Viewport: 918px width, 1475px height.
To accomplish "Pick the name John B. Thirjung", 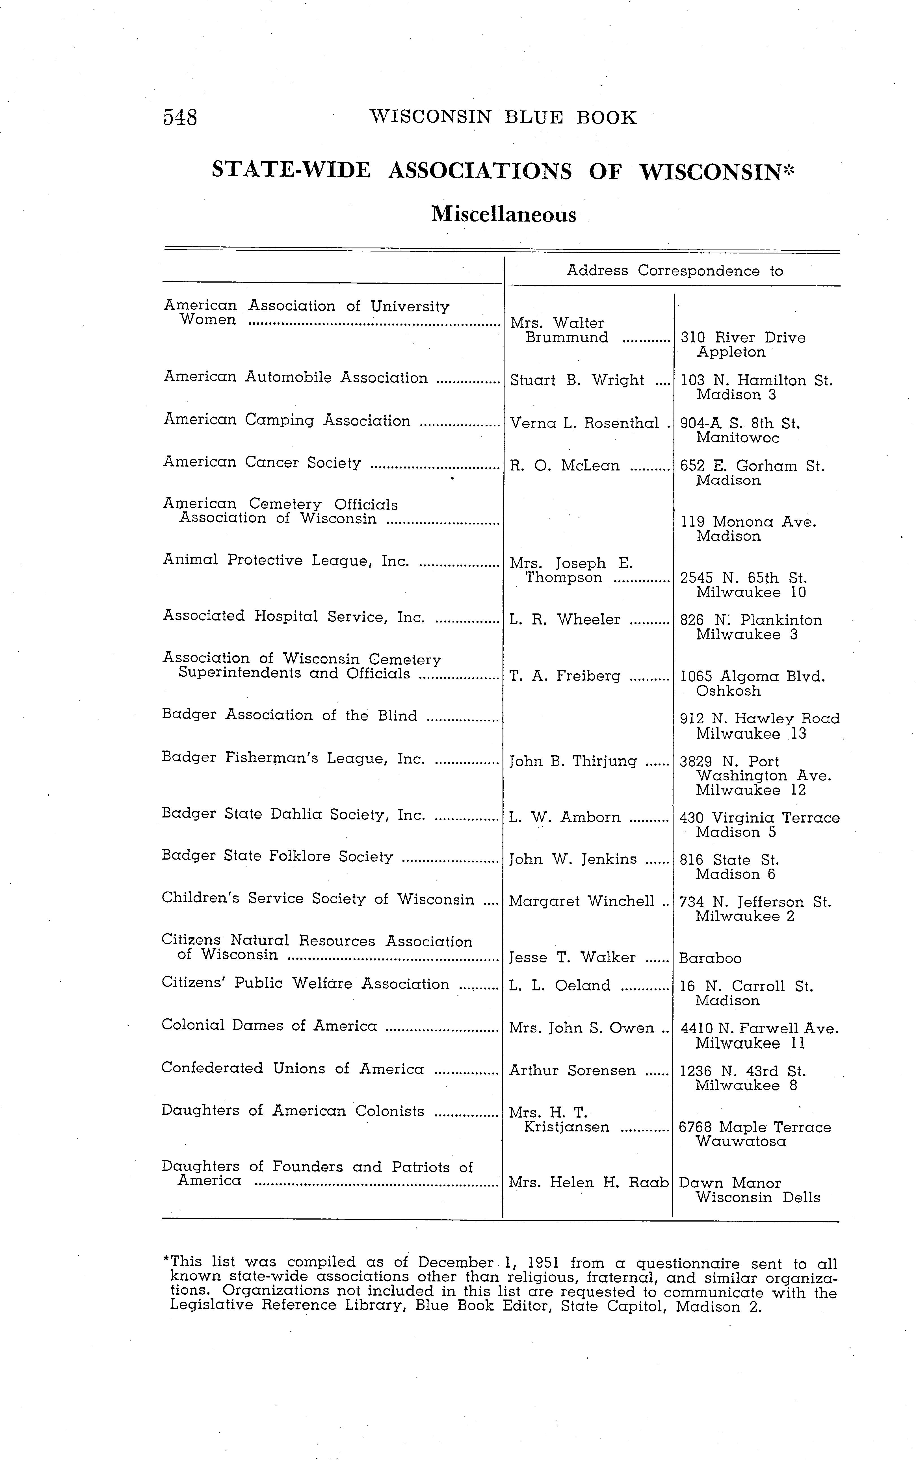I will pyautogui.click(x=573, y=761).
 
